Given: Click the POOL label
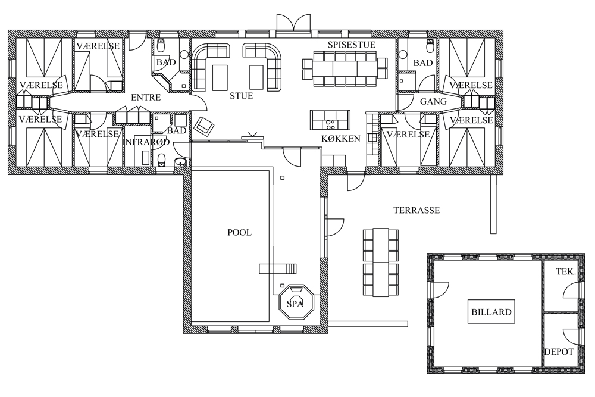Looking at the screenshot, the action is point(239,232).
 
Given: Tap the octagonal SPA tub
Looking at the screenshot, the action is point(296,303).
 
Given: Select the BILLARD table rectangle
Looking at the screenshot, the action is point(491,312).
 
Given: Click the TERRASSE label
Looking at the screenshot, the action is point(416,210).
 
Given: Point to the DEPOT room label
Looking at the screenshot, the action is point(559,352).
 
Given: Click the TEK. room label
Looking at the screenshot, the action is point(566,272).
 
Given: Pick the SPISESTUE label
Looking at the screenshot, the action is point(352,45).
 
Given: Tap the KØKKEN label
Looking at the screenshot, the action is point(341,139).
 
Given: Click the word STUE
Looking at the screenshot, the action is point(242,96).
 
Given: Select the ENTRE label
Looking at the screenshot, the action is point(146,98).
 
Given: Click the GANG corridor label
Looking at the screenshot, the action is point(433,102).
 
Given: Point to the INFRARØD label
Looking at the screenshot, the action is point(147,142).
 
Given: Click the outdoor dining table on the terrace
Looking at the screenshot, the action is point(381,262).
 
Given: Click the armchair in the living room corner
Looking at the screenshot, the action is point(204,126).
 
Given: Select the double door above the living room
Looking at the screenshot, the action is point(294,23).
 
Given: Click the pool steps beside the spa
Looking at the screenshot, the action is point(278,268).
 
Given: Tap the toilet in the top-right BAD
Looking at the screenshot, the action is point(430,46).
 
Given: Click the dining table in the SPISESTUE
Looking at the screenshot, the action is point(345,68).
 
